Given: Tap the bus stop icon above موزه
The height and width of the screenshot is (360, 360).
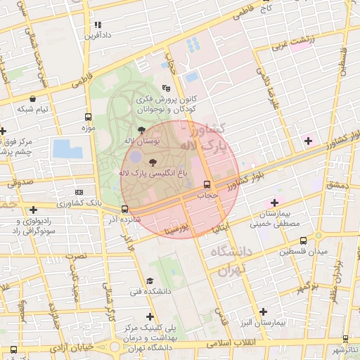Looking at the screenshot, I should pos(88,117).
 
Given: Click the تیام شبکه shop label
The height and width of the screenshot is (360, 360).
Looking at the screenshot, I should pos(33,109).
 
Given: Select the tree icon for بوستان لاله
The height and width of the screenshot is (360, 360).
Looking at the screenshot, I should pos(142,130).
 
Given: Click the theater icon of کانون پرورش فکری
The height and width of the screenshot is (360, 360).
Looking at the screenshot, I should pos(166,88).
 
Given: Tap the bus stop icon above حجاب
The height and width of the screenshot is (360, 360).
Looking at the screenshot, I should pos(207,184).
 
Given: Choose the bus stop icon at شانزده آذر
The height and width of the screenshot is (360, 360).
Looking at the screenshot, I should pos(124,209).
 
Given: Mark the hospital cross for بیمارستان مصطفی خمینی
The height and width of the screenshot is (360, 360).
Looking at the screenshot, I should pos(274,202).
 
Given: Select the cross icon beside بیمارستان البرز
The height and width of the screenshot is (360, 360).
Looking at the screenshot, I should pos(263,311).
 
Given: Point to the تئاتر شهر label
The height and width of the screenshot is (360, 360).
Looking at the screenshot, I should pos(346,349).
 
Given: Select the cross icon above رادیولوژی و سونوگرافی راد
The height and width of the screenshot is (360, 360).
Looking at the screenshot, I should pos(33,210).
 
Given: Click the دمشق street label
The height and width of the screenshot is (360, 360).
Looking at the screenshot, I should pos(337,185).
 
